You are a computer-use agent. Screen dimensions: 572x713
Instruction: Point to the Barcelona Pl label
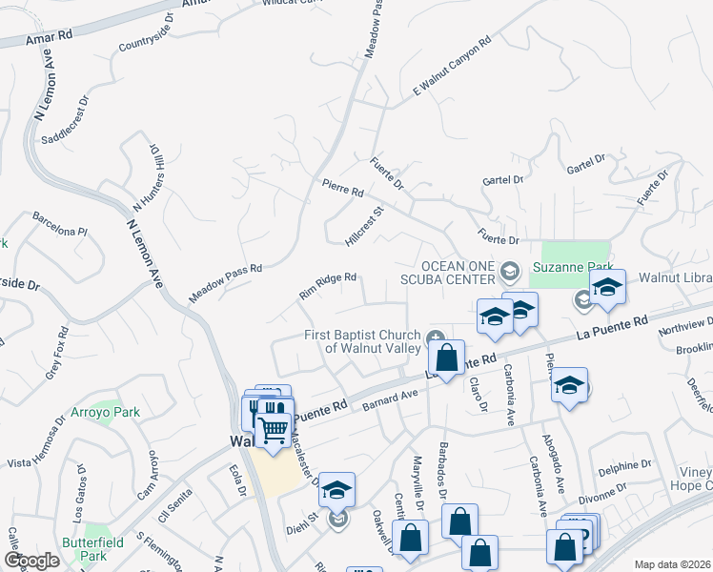(59, 231)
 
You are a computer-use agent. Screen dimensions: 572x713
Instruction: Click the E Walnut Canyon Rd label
(451, 66)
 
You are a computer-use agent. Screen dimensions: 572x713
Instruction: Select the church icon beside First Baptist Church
(436, 336)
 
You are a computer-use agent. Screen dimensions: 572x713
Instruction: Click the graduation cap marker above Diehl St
(336, 490)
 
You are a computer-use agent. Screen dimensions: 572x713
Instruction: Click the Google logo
(31, 561)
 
